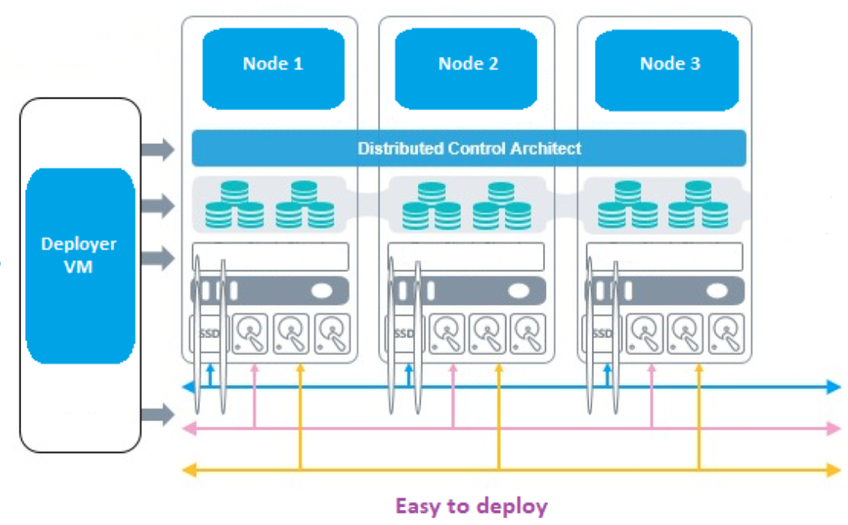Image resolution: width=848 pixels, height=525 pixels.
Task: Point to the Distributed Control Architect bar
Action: coord(469,148)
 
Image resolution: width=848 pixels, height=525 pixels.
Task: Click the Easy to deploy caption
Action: coord(471,506)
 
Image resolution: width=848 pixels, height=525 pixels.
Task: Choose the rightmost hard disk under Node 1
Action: coord(332,333)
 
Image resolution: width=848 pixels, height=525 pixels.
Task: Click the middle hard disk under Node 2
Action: coord(489,333)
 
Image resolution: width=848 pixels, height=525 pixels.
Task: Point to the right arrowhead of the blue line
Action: coord(833,387)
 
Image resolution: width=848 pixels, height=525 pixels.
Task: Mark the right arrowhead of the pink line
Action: coord(833,428)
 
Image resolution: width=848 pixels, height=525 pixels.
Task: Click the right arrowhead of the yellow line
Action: coord(833,469)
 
